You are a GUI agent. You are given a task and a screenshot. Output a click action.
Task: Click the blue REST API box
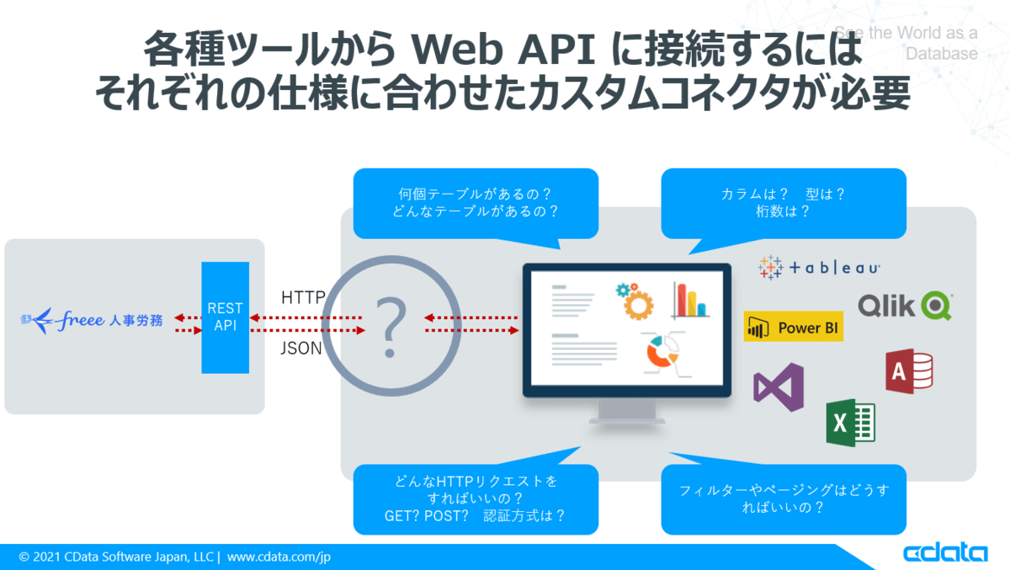pos(225,317)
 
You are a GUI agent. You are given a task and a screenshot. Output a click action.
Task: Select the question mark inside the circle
pos(390,325)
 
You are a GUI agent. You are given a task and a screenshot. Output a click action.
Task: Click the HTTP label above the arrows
pos(303,297)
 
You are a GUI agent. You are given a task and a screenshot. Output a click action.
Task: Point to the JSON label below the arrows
pos(301,348)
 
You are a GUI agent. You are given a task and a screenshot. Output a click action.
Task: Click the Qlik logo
pos(905,306)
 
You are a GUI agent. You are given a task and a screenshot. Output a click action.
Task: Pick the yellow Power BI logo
pos(793,327)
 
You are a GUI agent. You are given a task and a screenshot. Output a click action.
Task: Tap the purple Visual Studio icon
pos(779,387)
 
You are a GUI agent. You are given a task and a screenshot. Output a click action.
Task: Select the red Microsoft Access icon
pos(909,371)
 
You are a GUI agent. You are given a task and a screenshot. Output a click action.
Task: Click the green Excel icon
pos(851,422)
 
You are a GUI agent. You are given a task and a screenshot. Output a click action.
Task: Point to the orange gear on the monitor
pos(635,301)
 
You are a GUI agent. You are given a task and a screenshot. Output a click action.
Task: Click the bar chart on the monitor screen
pos(689,300)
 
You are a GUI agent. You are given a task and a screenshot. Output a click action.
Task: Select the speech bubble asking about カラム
pos(783,203)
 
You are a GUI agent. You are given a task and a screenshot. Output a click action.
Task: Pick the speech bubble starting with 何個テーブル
pos(476,203)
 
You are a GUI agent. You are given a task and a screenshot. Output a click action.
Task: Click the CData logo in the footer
pos(945,553)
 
